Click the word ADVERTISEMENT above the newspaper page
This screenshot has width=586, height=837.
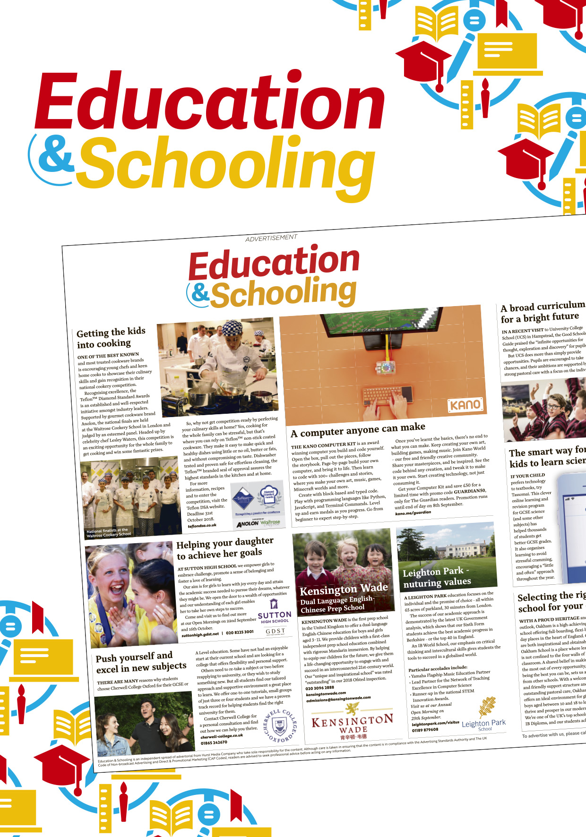coord(271,238)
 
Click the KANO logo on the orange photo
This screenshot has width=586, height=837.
coord(465,405)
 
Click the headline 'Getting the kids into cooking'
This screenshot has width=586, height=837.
coord(112,337)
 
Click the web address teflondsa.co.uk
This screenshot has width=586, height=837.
coord(202,525)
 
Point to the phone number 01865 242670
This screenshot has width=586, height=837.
coord(214,743)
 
